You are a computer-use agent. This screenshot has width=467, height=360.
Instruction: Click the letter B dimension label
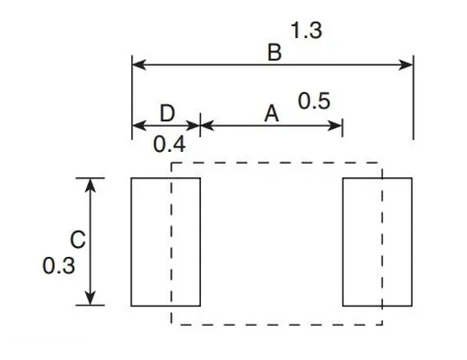pyautogui.click(x=274, y=53)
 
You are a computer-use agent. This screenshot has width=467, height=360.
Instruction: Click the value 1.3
pyautogui.click(x=306, y=32)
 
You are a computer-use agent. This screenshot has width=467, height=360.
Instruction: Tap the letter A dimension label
pyautogui.click(x=270, y=114)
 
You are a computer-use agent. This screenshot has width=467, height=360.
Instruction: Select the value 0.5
pyautogui.click(x=313, y=101)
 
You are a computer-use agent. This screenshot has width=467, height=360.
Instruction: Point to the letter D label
pyautogui.click(x=167, y=113)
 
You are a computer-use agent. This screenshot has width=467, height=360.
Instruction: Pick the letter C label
pyautogui.click(x=78, y=241)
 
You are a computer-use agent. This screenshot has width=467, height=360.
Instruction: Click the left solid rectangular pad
pyautogui.click(x=166, y=242)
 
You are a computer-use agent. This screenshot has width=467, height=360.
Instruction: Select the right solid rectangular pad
pyautogui.click(x=376, y=242)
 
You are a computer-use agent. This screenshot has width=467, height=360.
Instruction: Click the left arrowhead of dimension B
pyautogui.click(x=138, y=64)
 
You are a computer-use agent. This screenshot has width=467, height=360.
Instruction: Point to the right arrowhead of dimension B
pyautogui.click(x=407, y=64)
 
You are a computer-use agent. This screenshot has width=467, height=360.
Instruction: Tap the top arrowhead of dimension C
pyautogui.click(x=91, y=184)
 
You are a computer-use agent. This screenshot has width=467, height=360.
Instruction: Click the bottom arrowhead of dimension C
pyautogui.click(x=91, y=299)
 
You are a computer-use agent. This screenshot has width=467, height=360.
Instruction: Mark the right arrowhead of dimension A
pyautogui.click(x=337, y=125)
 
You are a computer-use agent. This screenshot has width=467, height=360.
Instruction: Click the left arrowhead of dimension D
pyautogui.click(x=138, y=125)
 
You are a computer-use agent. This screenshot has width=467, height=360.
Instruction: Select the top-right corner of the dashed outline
pyautogui.click(x=382, y=163)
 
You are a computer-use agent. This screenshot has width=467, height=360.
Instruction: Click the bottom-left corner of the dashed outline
pyautogui.click(x=172, y=324)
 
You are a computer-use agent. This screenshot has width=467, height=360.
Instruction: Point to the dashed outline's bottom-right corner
pyautogui.click(x=382, y=324)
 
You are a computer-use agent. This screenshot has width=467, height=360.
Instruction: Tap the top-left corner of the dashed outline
pyautogui.click(x=172, y=163)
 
